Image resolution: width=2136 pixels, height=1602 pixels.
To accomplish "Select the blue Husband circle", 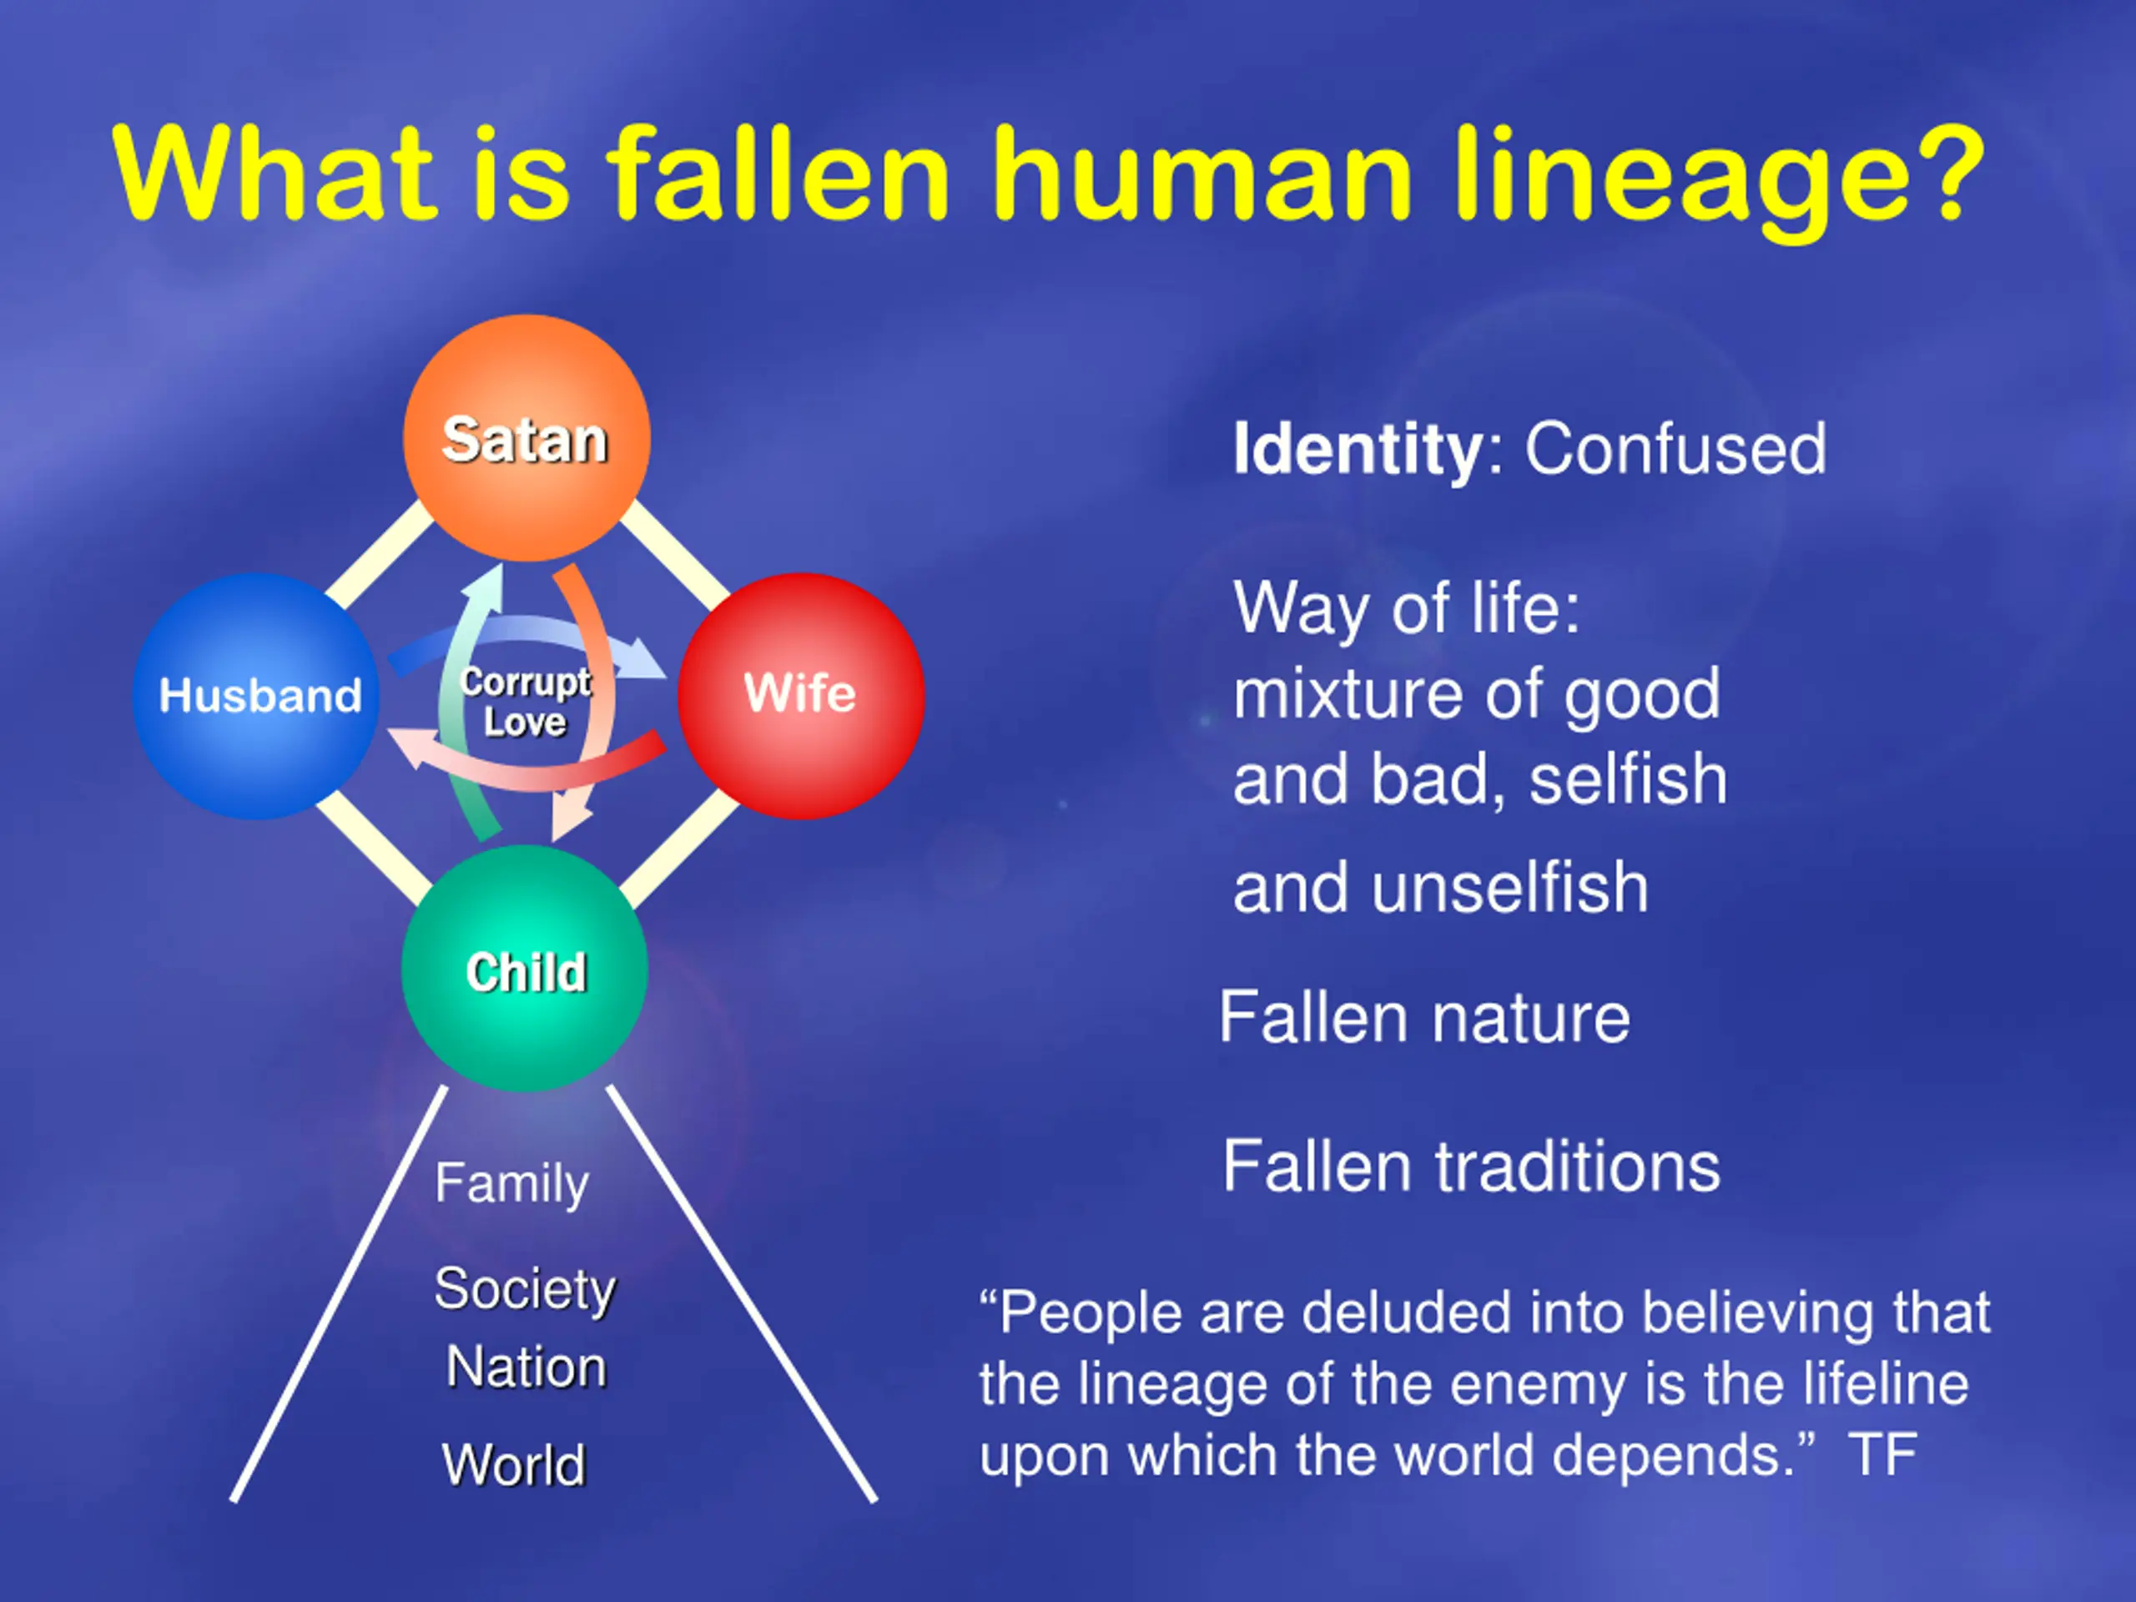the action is pyautogui.click(x=257, y=695).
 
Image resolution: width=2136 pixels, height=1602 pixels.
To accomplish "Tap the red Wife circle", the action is pyautogui.click(x=800, y=695).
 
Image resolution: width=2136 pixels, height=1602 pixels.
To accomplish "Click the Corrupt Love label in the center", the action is pyautogui.click(x=526, y=702).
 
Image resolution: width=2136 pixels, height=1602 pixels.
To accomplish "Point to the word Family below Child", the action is pyautogui.click(x=511, y=1184).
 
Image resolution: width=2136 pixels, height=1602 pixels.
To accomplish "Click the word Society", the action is pyautogui.click(x=524, y=1289).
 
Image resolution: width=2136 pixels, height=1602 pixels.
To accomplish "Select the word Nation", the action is pyautogui.click(x=526, y=1368).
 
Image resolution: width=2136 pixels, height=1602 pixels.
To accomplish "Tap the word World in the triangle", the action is pyautogui.click(x=514, y=1464).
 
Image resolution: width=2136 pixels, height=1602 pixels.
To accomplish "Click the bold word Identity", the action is pyautogui.click(x=1358, y=449).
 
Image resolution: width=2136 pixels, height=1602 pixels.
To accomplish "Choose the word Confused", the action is pyautogui.click(x=1675, y=449).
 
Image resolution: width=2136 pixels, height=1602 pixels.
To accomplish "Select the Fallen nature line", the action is pyautogui.click(x=1424, y=1018).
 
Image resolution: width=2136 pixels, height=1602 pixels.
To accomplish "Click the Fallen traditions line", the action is pyautogui.click(x=1471, y=1166).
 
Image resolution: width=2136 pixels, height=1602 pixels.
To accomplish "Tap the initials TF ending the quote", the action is pyautogui.click(x=1882, y=1454).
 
